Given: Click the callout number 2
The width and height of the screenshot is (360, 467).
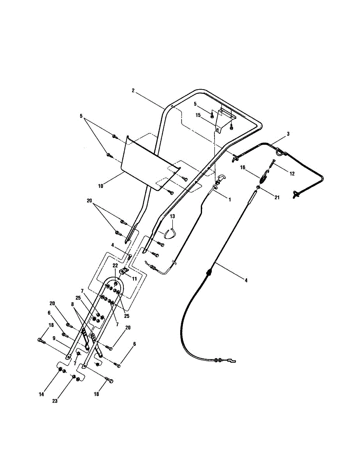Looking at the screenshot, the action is [133, 91].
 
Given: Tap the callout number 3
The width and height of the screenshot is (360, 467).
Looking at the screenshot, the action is [288, 133].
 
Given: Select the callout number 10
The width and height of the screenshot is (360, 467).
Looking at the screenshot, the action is [100, 186].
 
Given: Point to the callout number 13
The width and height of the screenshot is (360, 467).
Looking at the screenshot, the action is [172, 216].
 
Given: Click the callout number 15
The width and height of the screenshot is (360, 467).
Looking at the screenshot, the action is [198, 115].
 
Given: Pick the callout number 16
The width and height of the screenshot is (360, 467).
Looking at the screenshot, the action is [242, 167].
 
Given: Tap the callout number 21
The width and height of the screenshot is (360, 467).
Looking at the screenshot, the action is [277, 197].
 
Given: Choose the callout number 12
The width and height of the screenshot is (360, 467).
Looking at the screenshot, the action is [292, 174].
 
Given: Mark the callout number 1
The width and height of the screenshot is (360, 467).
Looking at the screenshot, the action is [230, 200].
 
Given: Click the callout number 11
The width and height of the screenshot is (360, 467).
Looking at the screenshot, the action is [134, 279].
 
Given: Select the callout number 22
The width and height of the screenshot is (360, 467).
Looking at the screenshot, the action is [116, 265].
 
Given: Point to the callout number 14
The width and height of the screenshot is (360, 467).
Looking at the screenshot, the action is [41, 394].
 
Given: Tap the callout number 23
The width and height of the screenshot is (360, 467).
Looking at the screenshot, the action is [55, 401].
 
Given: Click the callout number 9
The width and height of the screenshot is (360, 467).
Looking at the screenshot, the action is [54, 338].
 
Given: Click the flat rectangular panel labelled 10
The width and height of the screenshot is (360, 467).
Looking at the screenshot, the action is [151, 163].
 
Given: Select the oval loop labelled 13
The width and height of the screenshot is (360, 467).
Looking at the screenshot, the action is [170, 233].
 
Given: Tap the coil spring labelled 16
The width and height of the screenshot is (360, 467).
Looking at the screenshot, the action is [263, 179].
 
